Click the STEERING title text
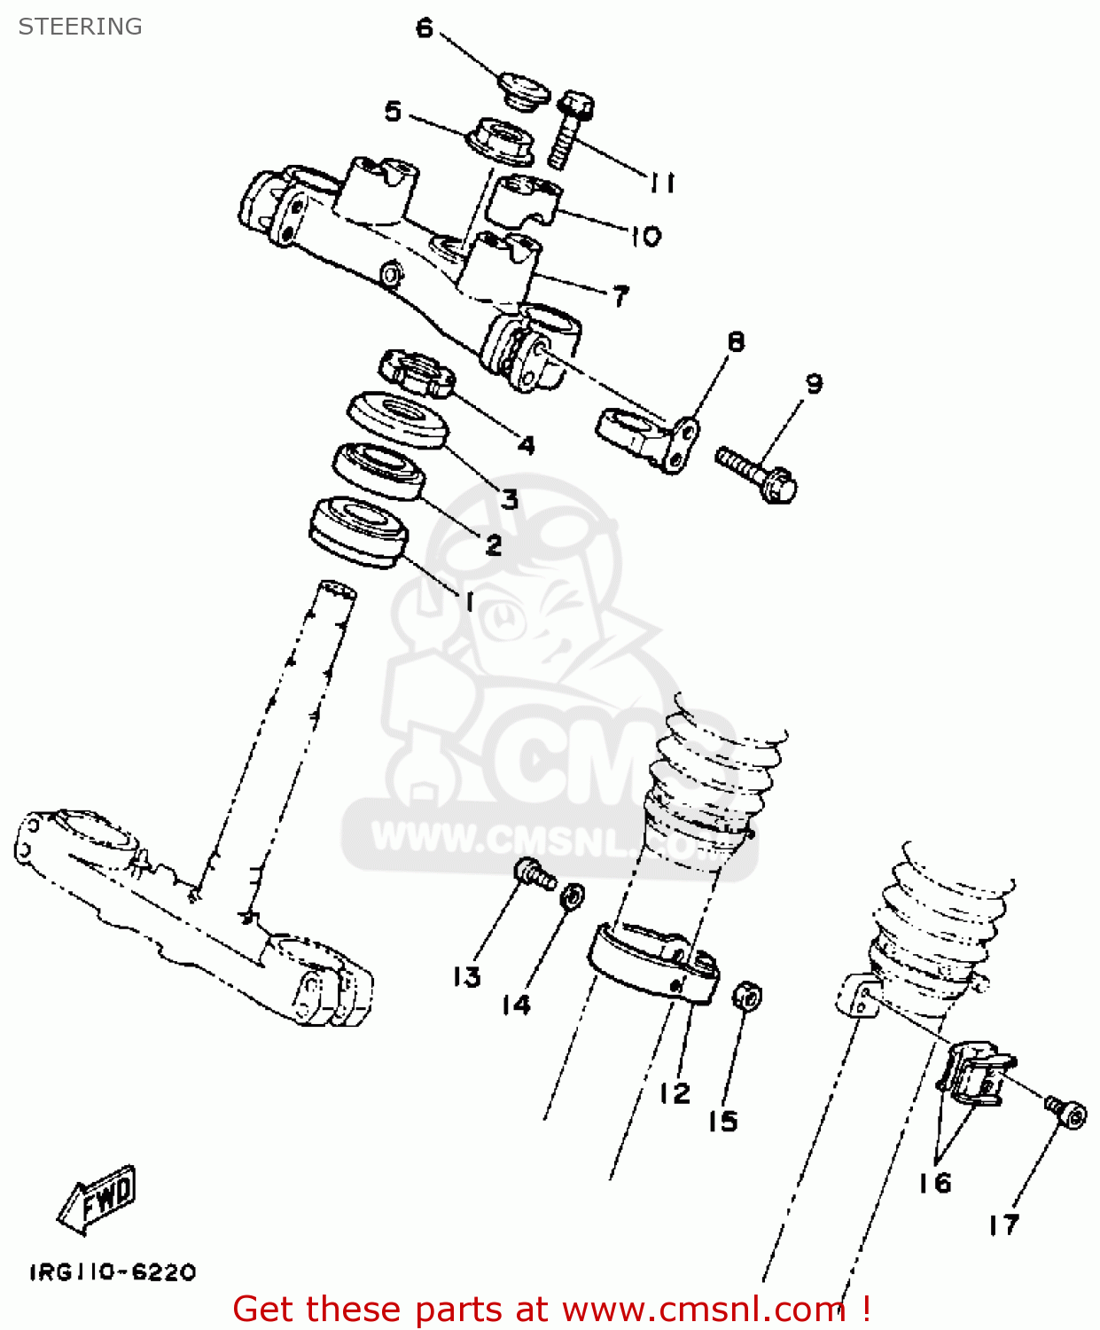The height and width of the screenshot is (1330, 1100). point(80,27)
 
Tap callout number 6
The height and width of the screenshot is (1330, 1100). point(425,28)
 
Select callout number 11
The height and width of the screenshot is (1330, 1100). point(662,183)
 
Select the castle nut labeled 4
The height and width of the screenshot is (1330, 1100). point(417,372)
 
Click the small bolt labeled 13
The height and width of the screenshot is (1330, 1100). point(535,874)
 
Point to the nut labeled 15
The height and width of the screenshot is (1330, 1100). point(746,996)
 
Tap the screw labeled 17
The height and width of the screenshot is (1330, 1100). point(1066,1112)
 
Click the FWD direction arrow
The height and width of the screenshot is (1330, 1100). point(98,1200)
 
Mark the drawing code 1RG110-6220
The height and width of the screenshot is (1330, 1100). point(113,1272)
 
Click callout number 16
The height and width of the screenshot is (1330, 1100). point(934,1183)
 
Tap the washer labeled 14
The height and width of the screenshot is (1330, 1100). point(573,896)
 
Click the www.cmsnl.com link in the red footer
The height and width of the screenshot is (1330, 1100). point(703,1310)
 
